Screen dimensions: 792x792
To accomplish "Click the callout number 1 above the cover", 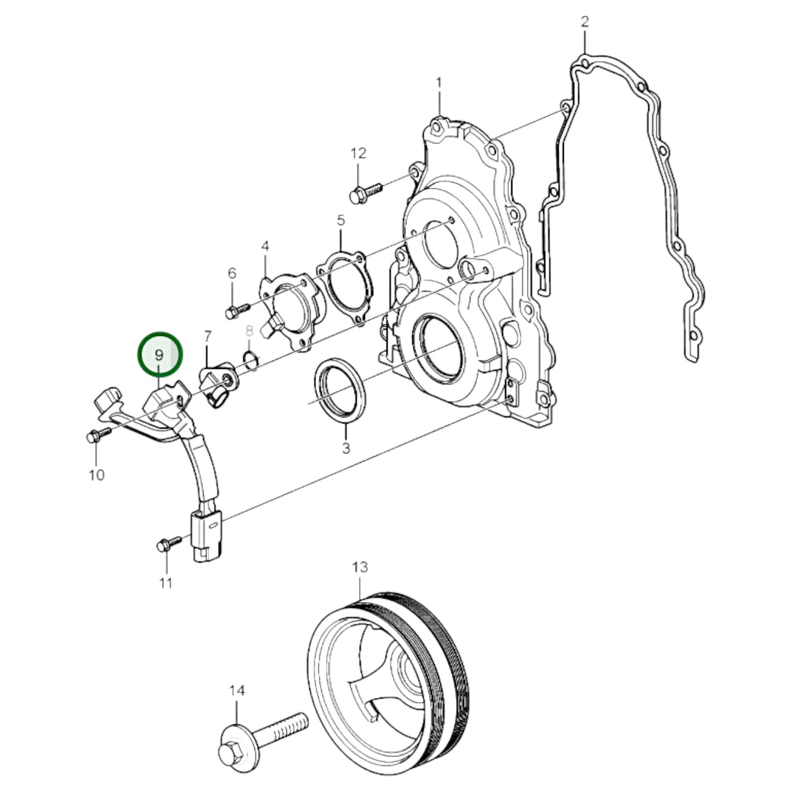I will (x=438, y=83).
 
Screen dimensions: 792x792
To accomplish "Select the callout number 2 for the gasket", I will (x=585, y=22).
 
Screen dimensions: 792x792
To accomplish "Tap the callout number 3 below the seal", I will (x=346, y=448).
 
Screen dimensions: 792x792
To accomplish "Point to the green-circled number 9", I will (x=159, y=355).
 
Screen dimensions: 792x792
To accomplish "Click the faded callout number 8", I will (x=249, y=331).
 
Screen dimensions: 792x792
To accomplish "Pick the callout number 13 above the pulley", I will (x=360, y=567).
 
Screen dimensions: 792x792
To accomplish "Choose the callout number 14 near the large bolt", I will (x=237, y=691).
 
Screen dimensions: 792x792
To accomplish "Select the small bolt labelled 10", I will (x=98, y=436).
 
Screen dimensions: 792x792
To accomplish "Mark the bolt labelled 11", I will (x=168, y=544).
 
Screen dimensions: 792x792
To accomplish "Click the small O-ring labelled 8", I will (x=250, y=360).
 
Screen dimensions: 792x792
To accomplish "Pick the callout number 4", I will (x=265, y=246).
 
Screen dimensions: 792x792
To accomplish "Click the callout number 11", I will (x=166, y=583).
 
